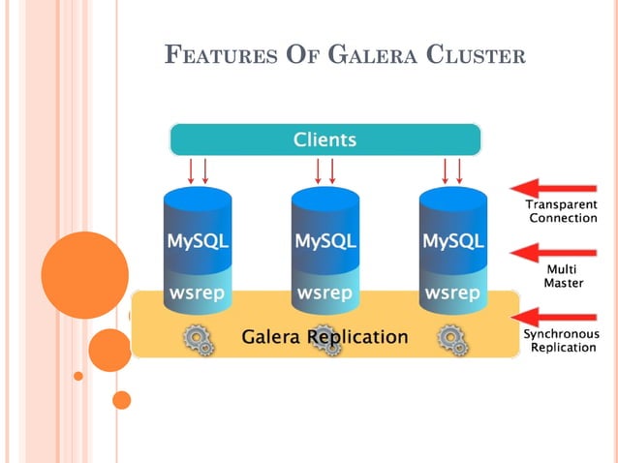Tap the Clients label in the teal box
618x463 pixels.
tap(324, 139)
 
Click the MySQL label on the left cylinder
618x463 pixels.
tap(198, 241)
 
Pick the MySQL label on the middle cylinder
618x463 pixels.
tap(324, 241)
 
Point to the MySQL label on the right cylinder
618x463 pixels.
tap(452, 241)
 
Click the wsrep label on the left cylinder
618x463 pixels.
tap(198, 293)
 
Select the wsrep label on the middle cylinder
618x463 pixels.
tap(324, 293)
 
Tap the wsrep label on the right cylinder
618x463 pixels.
tap(452, 293)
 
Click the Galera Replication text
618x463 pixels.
tap(324, 337)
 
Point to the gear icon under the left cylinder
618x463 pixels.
tap(199, 338)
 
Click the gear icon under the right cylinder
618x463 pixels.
tap(451, 338)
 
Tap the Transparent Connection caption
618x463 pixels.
tap(562, 211)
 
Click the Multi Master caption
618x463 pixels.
tap(563, 276)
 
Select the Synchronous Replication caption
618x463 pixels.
tap(562, 340)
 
